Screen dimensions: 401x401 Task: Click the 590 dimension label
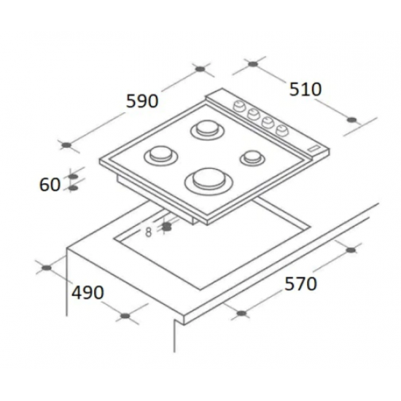pos(142,101)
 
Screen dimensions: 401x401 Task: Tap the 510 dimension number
pos(305,90)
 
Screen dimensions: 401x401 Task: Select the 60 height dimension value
pos(50,184)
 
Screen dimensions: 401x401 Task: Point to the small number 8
pos(148,232)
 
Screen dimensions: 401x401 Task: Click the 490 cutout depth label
pos(87,292)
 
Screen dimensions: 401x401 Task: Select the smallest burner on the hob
pos(252,156)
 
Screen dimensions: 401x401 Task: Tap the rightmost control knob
pos(281,131)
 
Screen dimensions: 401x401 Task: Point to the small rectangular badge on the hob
pos(314,148)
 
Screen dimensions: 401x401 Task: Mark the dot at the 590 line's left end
pos(66,145)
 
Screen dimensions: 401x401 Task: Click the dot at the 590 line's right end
pos(200,69)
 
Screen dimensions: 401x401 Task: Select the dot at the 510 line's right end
pos(352,119)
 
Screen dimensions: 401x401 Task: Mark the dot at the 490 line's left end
pos(48,268)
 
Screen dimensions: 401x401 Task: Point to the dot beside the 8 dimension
pos(167,227)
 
